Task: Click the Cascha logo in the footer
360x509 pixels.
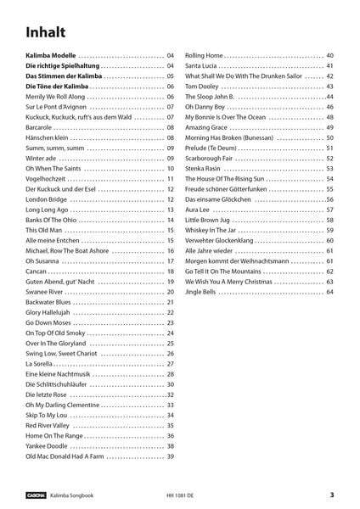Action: click(36, 495)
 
